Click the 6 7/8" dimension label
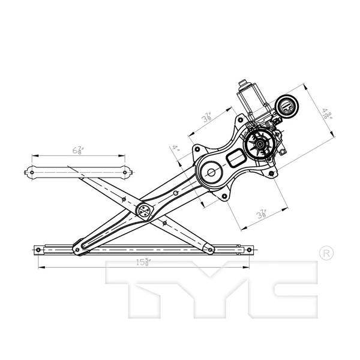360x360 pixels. [79, 150]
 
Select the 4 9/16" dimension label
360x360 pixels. [326, 114]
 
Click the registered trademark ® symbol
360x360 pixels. [324, 253]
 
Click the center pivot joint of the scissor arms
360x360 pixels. [145, 211]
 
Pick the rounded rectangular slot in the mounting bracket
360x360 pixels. [235, 159]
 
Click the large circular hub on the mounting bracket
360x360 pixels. [211, 173]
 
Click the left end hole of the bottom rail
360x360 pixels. [39, 249]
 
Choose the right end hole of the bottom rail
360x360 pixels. [251, 249]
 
